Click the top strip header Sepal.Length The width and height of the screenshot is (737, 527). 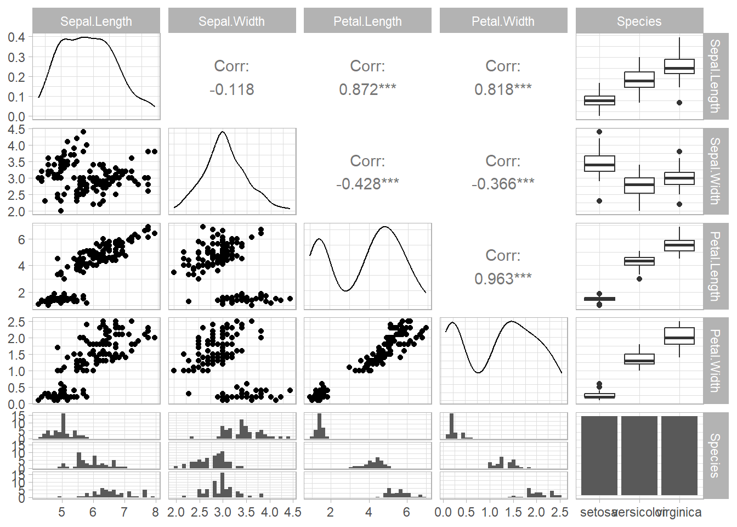click(x=96, y=21)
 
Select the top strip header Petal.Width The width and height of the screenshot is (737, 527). click(x=503, y=21)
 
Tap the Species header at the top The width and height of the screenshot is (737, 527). click(x=639, y=21)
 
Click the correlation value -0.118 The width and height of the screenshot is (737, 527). click(x=231, y=89)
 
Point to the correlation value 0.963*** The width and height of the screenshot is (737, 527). click(x=503, y=278)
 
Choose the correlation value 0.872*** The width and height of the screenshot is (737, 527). click(x=367, y=89)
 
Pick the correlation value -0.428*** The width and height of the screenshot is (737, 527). click(x=367, y=183)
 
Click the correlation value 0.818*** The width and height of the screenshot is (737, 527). click(x=503, y=89)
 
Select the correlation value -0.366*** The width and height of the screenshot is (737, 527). click(x=503, y=183)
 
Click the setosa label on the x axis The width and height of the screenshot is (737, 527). click(x=598, y=513)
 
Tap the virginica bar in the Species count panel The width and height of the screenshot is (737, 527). click(x=679, y=456)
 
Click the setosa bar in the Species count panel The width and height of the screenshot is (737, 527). click(x=599, y=456)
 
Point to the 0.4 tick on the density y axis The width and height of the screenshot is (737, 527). click(x=16, y=37)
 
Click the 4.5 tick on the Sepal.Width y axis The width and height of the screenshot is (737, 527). click(x=16, y=130)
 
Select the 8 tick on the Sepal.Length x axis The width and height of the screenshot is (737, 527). click(x=155, y=513)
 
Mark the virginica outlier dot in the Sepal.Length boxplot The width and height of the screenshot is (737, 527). click(x=679, y=103)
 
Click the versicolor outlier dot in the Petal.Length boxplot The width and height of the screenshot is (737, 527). click(x=639, y=279)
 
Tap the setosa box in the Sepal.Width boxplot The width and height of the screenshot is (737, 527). click(x=599, y=164)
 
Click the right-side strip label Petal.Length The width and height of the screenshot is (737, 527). click(x=715, y=266)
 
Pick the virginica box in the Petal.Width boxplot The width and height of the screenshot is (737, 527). click(x=679, y=336)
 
